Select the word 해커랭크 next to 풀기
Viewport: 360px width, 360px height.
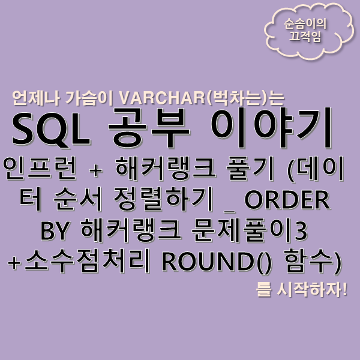click(151, 169)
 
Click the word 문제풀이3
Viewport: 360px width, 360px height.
click(265, 231)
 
